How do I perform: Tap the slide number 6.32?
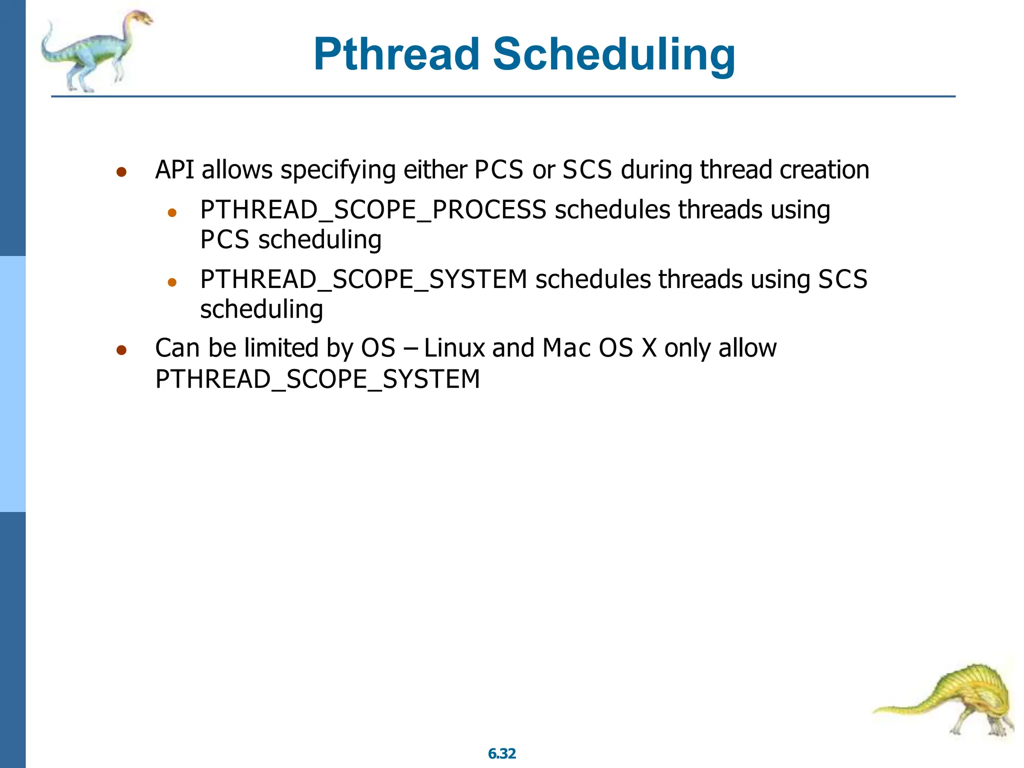coord(501,753)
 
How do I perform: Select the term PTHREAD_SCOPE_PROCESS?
coord(373,210)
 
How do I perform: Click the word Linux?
coord(454,348)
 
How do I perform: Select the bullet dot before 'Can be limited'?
coord(121,350)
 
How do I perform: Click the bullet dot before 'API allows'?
coord(121,172)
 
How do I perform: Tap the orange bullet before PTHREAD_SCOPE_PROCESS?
coord(172,213)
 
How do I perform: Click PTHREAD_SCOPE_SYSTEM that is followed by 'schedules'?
coord(363,279)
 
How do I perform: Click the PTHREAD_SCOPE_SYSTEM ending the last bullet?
coord(317,379)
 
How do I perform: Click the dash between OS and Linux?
coord(410,349)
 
